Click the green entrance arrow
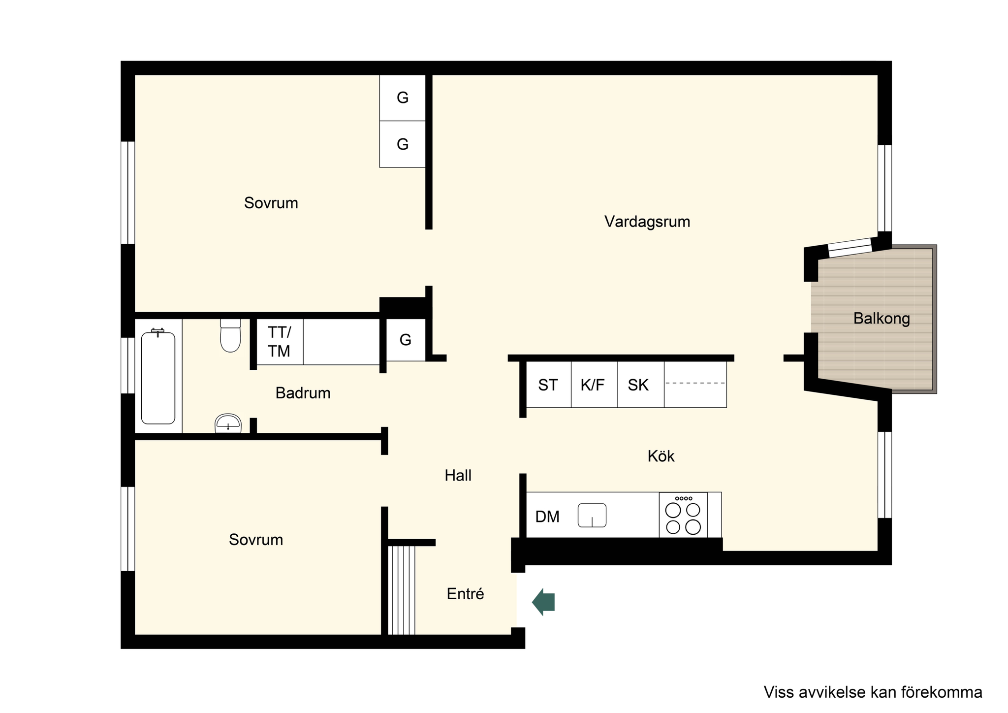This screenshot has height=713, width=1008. click(x=543, y=602)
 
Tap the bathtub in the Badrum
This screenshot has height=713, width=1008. click(x=158, y=377)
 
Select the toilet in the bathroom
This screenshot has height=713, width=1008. click(x=230, y=335)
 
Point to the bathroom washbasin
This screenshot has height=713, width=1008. click(x=228, y=423)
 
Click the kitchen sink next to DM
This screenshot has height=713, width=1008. click(x=592, y=516)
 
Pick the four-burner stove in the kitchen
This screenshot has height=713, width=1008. click(x=683, y=515)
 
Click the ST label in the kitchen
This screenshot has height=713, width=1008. click(x=548, y=385)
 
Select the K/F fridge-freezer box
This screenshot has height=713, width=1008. click(x=594, y=385)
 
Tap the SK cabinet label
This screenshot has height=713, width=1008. click(x=638, y=385)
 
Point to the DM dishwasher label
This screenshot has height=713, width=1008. click(x=547, y=517)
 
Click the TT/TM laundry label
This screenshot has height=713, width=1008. click(x=280, y=342)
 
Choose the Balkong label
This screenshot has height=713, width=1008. click(x=882, y=319)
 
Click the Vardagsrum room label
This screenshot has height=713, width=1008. click(x=647, y=222)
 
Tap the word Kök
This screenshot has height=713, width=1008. click(x=661, y=456)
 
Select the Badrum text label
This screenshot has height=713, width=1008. click(x=303, y=393)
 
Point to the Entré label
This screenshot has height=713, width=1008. click(x=465, y=594)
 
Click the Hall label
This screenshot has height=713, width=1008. click(x=458, y=475)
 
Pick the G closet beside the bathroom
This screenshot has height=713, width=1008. click(x=406, y=340)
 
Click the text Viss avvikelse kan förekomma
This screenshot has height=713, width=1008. click(x=873, y=692)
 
